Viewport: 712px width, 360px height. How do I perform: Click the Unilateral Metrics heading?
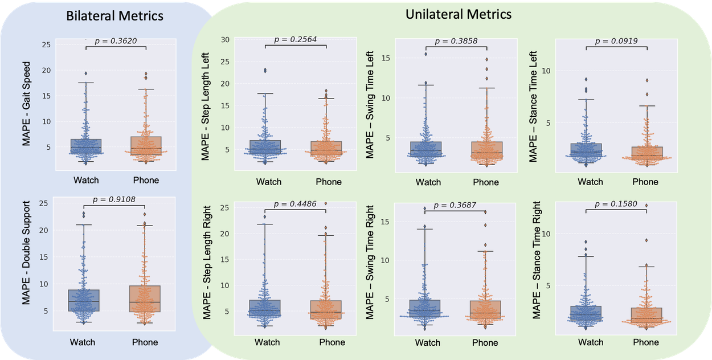459,14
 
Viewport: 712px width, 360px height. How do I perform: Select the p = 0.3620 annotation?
116,40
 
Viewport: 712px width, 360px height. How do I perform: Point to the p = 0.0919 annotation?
616,40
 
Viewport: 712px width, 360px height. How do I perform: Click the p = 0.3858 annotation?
456,41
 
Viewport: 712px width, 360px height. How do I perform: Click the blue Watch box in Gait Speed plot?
85,146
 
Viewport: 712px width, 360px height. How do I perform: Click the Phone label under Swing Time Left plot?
485,182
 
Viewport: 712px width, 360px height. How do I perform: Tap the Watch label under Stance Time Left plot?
590,182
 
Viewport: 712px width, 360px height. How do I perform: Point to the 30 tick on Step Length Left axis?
225,39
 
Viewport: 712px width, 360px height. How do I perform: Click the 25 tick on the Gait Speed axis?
46,44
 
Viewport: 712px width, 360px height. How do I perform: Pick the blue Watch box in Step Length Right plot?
264,308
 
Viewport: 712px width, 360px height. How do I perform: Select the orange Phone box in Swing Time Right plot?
485,309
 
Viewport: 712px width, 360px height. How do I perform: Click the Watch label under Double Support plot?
83,342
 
